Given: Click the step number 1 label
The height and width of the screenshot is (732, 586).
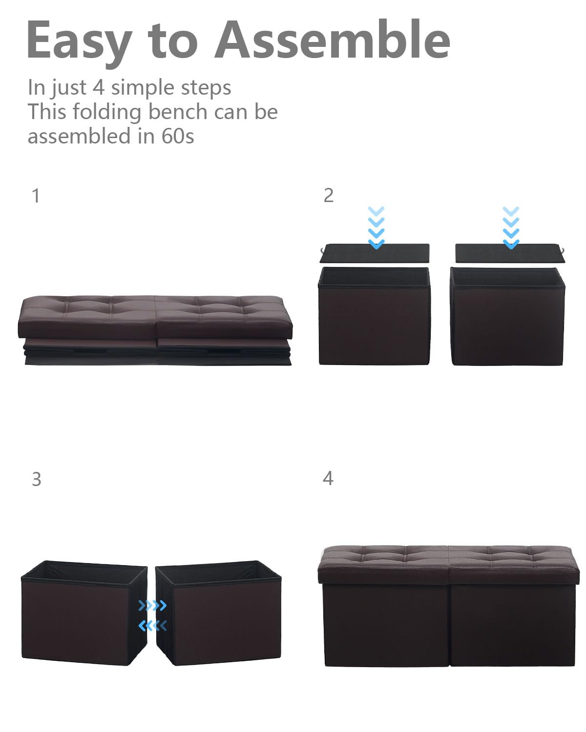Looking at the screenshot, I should (x=35, y=196).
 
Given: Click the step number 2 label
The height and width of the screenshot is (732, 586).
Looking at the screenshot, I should (x=328, y=195).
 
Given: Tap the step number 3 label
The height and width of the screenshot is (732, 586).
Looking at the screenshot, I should (x=36, y=479).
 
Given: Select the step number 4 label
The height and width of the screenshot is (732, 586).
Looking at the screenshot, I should (x=328, y=478).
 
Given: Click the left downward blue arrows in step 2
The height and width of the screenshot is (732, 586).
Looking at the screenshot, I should (x=376, y=227).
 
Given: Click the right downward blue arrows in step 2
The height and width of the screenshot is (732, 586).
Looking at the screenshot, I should (x=511, y=227).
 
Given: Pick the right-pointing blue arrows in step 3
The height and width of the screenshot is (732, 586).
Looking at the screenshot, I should (x=152, y=606).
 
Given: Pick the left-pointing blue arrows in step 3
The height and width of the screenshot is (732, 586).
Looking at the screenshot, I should (x=152, y=625).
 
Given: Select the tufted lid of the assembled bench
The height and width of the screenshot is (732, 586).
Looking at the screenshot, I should (x=448, y=564).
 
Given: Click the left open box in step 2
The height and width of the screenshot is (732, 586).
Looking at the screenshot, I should (x=374, y=316).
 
